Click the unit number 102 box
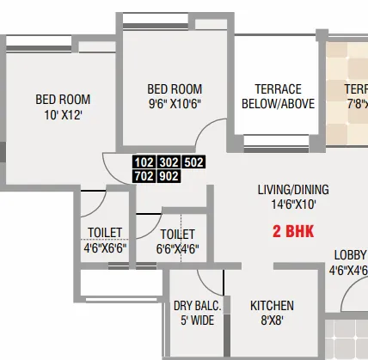point(144,162)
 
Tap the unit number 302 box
point(170,162)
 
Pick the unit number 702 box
point(144,176)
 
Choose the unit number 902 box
point(170,176)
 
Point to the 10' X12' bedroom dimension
point(63,113)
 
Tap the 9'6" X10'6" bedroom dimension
point(175,104)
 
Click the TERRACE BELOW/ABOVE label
point(278,97)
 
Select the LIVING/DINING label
point(293,190)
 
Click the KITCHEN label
point(272,306)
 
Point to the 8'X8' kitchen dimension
point(272,320)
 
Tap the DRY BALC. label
point(198,306)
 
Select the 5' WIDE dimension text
point(198,320)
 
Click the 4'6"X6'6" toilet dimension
point(105,247)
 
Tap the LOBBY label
point(351,255)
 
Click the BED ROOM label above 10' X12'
point(63,99)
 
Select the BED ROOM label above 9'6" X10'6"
point(175,89)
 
